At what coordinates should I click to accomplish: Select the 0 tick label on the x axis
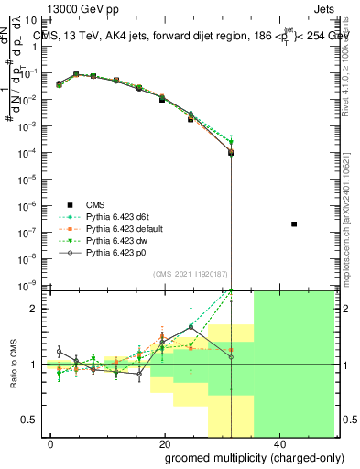51,443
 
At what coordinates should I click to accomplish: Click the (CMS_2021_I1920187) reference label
190,274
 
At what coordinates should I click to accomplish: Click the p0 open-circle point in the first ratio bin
59,351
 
